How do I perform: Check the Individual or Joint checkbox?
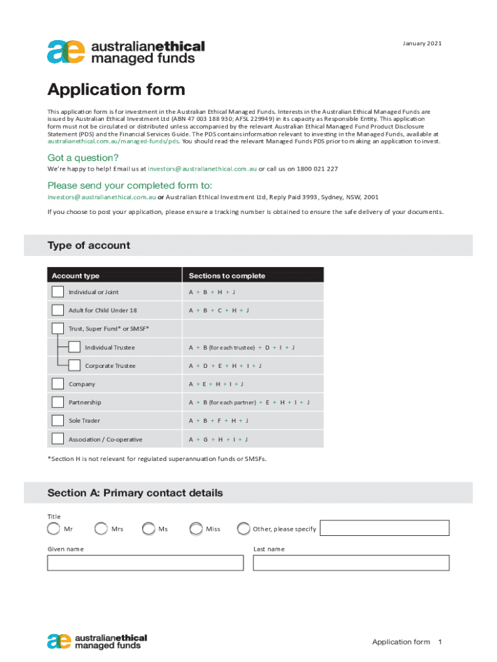pyautogui.click(x=58, y=292)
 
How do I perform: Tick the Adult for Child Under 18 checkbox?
pyautogui.click(x=58, y=310)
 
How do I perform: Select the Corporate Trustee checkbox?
pyautogui.click(x=74, y=366)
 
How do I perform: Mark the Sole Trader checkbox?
pyautogui.click(x=58, y=421)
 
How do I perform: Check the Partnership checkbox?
pyautogui.click(x=58, y=403)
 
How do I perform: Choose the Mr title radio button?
pyautogui.click(x=54, y=529)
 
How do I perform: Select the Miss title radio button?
pyautogui.click(x=196, y=529)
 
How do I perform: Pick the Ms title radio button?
pyautogui.click(x=148, y=529)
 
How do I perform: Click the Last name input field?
pyautogui.click(x=350, y=563)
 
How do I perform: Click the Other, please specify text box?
pyautogui.click(x=384, y=528)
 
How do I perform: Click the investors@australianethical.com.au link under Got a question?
pyautogui.click(x=202, y=169)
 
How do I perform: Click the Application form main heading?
pyautogui.click(x=116, y=90)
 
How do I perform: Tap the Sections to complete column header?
pyautogui.click(x=227, y=276)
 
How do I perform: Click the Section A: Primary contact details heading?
pyautogui.click(x=135, y=493)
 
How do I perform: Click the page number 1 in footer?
pyautogui.click(x=440, y=642)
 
